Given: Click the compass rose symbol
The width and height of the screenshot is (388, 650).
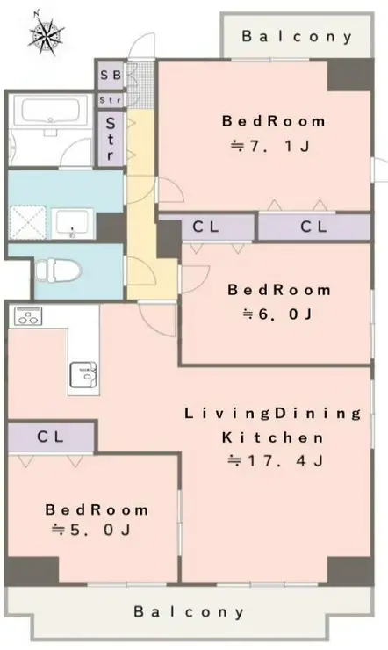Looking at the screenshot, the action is (x=47, y=34).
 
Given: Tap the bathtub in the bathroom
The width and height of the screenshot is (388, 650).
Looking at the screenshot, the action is (x=51, y=112).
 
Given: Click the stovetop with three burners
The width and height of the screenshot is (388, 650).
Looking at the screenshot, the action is (x=28, y=316).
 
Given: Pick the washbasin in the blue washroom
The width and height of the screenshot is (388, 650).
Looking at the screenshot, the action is (x=72, y=224).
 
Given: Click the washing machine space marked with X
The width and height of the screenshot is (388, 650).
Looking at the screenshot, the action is (x=27, y=222).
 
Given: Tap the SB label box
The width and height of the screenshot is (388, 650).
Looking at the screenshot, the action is (x=111, y=75).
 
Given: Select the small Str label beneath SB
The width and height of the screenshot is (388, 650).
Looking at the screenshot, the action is (x=111, y=100).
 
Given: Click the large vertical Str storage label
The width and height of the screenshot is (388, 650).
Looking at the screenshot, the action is (x=111, y=139).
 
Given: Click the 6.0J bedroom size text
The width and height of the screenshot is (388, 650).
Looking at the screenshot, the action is (x=277, y=314).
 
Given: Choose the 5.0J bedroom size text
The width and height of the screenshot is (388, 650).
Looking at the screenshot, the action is (x=91, y=530).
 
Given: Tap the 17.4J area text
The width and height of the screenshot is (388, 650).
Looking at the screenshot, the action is (x=275, y=460).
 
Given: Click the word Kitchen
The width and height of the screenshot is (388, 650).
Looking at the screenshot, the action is (x=272, y=437).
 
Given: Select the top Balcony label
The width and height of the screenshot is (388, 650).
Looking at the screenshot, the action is (x=297, y=37).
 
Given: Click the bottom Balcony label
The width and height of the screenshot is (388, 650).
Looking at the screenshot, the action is (x=189, y=612).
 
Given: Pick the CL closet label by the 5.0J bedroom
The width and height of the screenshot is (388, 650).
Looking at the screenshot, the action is (x=51, y=437).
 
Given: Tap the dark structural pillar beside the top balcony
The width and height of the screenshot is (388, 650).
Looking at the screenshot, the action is (x=350, y=75).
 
